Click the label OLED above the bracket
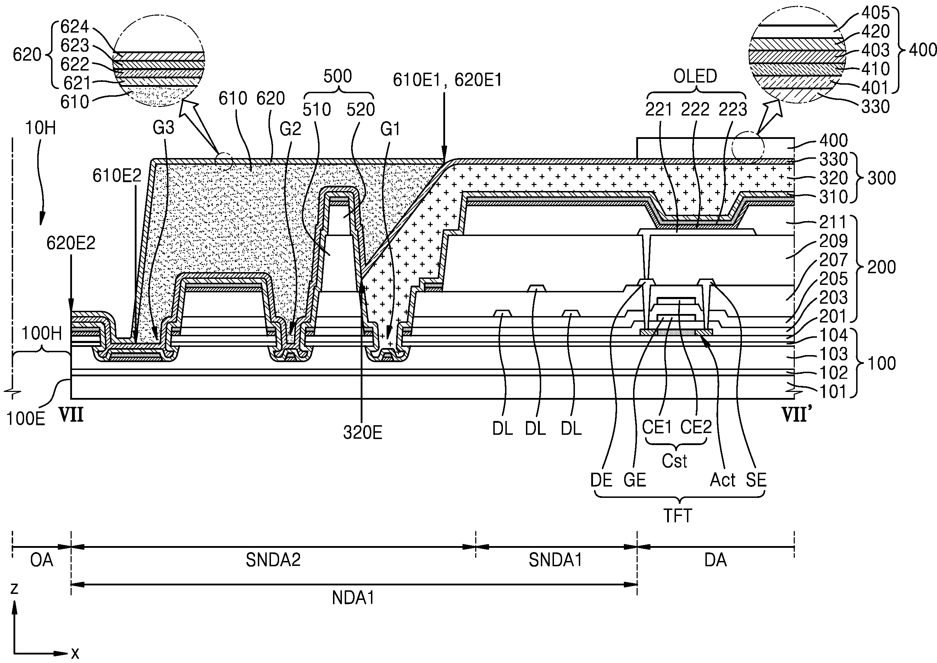point(695,76)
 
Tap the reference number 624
point(75,27)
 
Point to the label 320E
point(363,433)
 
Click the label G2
point(290,129)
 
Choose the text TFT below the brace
point(677,516)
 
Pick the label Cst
point(675,461)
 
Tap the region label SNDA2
point(273,560)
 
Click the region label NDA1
point(354,598)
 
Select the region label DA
point(716,560)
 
